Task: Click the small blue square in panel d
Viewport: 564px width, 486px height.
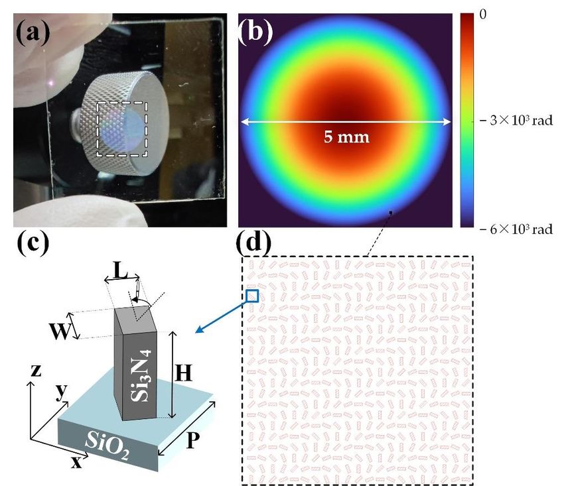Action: [x=251, y=296]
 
